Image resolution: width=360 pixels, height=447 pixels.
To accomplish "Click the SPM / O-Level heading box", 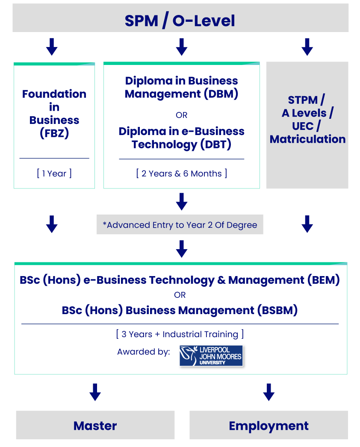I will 180,20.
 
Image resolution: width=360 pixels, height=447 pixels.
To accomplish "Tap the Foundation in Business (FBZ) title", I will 54,113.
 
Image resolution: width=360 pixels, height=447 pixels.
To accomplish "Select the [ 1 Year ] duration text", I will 54,173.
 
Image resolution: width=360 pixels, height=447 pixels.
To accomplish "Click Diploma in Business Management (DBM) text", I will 181,87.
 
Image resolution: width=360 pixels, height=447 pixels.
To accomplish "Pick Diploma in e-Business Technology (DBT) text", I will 181,138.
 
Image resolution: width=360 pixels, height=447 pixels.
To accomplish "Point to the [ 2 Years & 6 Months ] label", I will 181,174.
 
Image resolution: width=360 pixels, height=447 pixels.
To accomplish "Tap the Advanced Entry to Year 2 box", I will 180,225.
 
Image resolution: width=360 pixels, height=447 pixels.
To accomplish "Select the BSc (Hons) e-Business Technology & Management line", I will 180,280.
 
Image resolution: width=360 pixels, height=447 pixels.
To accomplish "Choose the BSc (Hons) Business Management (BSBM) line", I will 180,310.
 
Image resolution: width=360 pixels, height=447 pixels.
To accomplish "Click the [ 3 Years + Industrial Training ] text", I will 180,334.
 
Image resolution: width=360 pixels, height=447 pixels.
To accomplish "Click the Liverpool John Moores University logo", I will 211,356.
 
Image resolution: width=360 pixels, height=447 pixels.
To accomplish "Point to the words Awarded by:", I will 144,352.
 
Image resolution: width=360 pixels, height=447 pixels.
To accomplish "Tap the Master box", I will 95,425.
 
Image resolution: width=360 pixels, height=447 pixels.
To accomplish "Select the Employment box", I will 269,425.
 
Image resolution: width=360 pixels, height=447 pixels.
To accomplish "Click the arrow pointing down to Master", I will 95,392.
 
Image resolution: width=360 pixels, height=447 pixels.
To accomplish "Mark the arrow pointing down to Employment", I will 269,392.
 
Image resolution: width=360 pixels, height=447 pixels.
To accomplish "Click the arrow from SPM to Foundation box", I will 52,47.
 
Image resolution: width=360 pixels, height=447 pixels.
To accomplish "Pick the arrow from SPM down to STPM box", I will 307,47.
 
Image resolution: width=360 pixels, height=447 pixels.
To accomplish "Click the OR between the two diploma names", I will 181,115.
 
